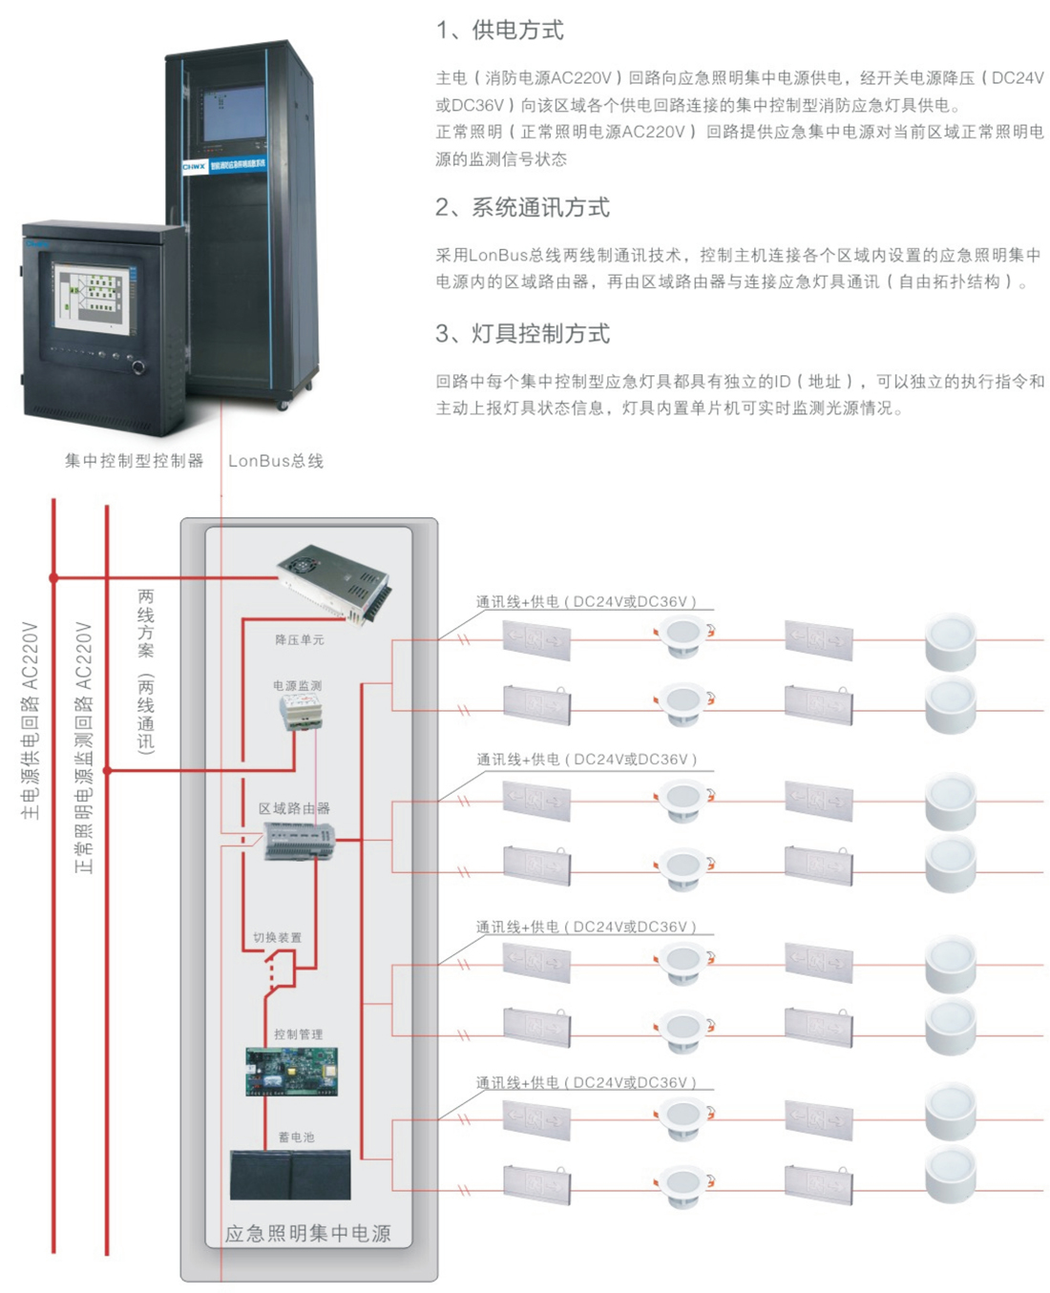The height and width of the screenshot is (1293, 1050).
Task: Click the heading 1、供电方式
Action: click(499, 31)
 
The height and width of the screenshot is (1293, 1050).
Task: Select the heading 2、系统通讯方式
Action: click(522, 207)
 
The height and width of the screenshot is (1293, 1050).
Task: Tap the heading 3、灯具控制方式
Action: click(522, 333)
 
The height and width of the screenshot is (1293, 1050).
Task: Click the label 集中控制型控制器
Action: click(134, 461)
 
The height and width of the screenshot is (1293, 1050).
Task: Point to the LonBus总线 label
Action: click(276, 461)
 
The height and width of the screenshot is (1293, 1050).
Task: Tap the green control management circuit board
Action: click(291, 1072)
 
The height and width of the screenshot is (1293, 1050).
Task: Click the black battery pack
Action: click(290, 1175)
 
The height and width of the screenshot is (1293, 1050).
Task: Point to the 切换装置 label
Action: click(277, 938)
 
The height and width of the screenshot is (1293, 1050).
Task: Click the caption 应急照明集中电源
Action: click(307, 1234)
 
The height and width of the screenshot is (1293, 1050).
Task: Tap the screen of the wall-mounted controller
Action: click(93, 298)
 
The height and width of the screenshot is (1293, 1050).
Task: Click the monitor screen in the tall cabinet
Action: click(232, 114)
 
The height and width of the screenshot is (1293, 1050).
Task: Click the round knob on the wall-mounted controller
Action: click(139, 367)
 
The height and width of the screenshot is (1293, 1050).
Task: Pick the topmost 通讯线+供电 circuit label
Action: click(586, 602)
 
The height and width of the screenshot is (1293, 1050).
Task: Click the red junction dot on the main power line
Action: click(54, 577)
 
